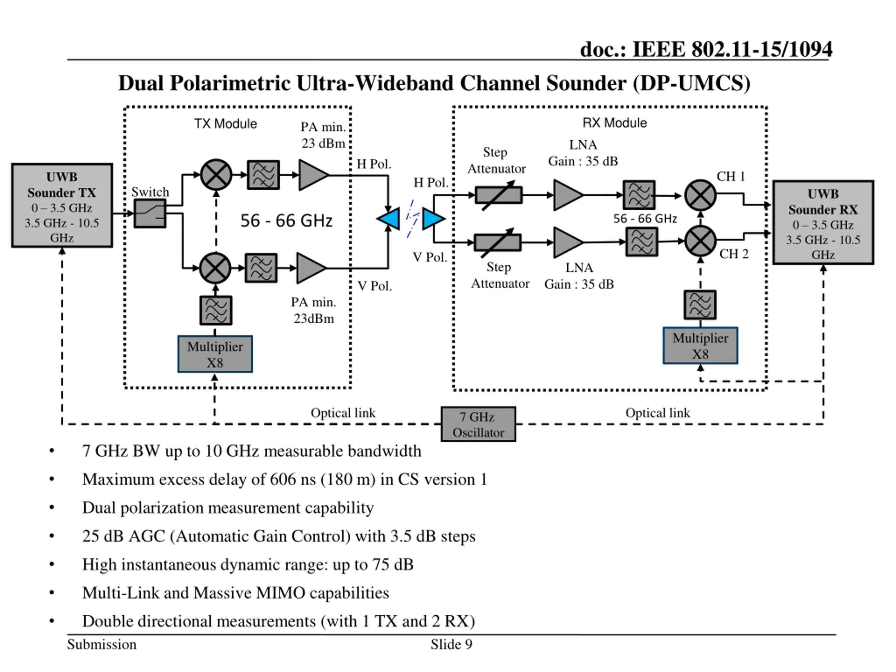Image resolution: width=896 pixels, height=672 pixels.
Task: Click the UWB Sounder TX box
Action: (x=62, y=205)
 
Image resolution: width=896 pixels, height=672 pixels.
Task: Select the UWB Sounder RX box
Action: (x=823, y=222)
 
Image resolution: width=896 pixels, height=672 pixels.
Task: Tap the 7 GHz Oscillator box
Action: (x=478, y=424)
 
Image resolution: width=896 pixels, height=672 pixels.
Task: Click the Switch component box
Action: (x=150, y=213)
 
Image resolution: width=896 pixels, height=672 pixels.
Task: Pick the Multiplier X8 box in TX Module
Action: (x=215, y=354)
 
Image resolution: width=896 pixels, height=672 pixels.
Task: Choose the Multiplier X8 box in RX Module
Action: (x=700, y=345)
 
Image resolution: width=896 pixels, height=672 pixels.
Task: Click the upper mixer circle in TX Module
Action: (x=216, y=175)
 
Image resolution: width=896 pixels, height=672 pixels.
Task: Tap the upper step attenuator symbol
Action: (x=499, y=195)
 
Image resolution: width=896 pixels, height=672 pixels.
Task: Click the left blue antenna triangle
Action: (x=389, y=219)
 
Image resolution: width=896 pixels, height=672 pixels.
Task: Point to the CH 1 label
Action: (x=731, y=177)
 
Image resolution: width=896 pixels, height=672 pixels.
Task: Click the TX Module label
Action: (x=226, y=124)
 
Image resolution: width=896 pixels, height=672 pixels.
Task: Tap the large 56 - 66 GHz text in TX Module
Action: (x=286, y=221)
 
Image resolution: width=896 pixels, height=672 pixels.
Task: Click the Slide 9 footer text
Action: (x=451, y=644)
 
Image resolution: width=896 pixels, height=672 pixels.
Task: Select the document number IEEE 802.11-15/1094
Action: (x=732, y=49)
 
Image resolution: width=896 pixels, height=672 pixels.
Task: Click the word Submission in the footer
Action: (x=101, y=644)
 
